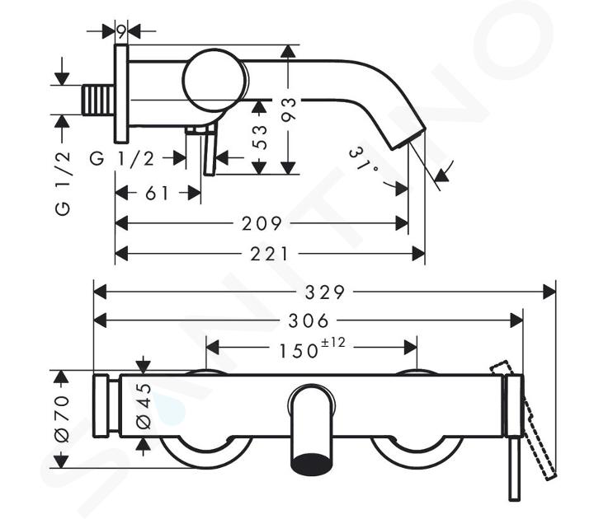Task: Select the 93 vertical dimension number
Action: coord(288,110)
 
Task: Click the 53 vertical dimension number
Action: coord(258,137)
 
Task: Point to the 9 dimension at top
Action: coord(121,31)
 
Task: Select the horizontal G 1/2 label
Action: coord(122,158)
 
